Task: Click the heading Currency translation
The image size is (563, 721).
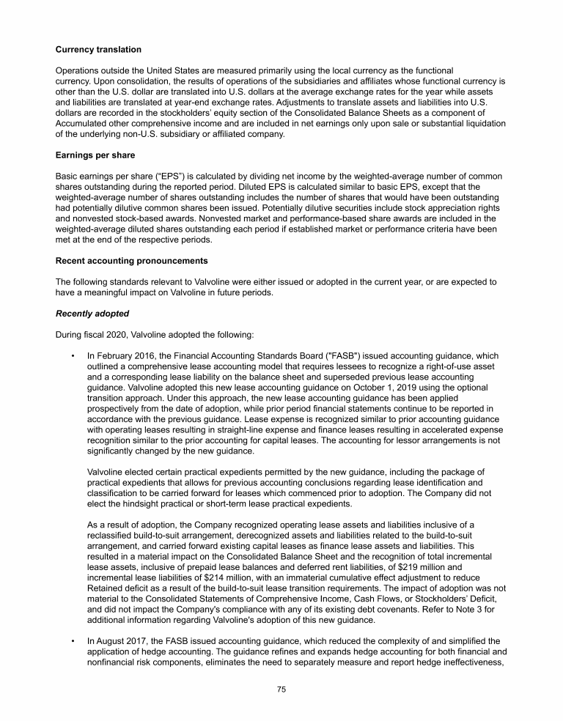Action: [x=98, y=49]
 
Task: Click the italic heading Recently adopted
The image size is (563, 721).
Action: [x=92, y=314]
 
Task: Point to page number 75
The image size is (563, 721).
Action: [x=281, y=689]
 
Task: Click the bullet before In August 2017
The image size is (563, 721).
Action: [x=74, y=640]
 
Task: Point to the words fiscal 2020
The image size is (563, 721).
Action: [x=106, y=335]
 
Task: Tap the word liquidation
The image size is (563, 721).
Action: [x=481, y=124]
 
